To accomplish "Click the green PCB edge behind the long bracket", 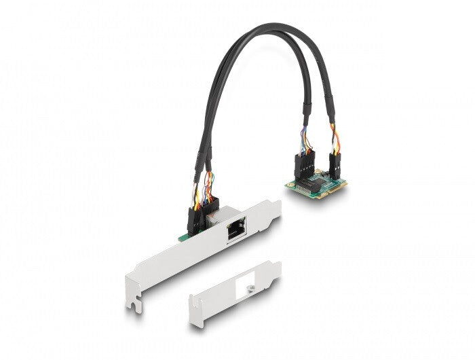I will coord(180,236).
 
